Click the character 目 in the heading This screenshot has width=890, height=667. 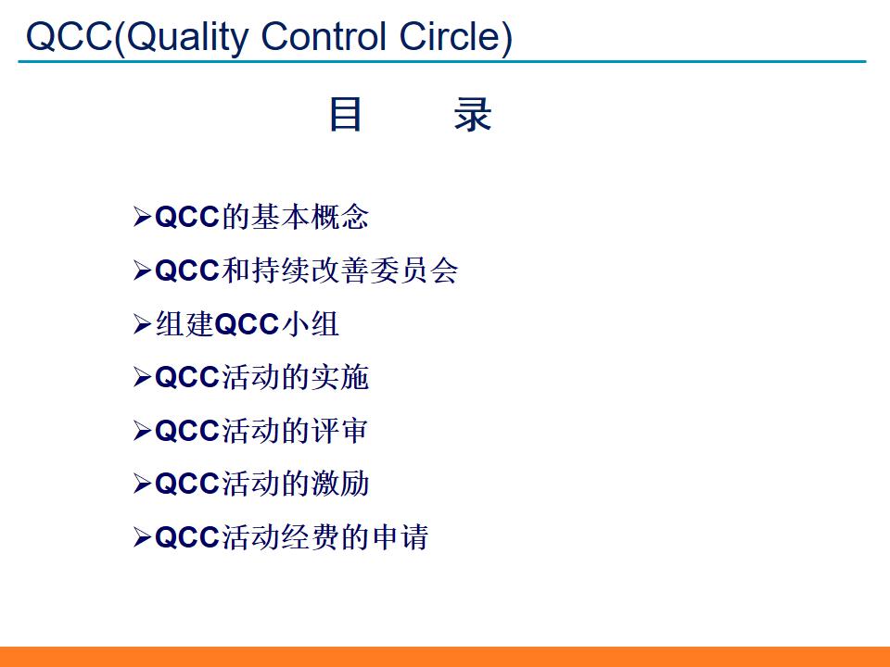[x=345, y=115]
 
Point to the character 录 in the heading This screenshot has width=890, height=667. [x=473, y=115]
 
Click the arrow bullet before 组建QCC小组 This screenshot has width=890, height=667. [x=142, y=324]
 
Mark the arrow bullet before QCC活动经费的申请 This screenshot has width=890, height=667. [x=142, y=537]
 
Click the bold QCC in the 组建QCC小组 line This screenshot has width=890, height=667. [x=247, y=324]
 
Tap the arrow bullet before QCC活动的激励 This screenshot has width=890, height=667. [x=142, y=484]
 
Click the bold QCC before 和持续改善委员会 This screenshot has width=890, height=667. [x=187, y=271]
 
